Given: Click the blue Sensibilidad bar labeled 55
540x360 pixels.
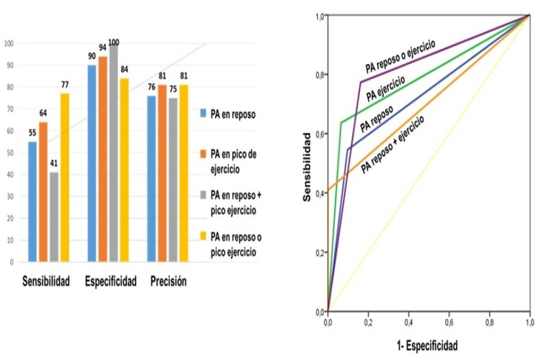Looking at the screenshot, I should point(33,201).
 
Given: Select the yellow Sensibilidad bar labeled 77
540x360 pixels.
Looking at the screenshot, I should point(65,177).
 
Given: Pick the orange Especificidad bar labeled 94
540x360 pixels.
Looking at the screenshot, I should point(103,158).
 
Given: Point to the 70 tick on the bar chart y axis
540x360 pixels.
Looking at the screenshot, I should point(10,109).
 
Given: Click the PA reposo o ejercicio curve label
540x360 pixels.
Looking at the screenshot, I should point(400,58).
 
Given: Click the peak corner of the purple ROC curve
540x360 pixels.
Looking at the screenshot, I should point(360,82).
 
